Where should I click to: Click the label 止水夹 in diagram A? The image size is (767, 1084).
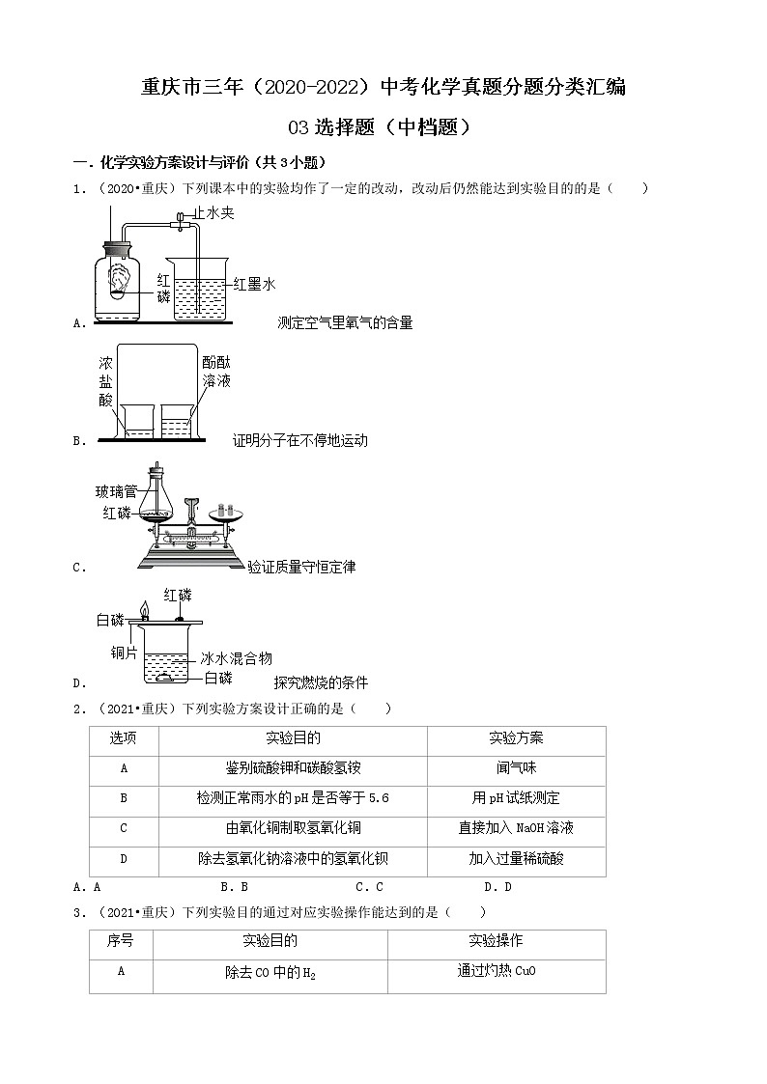(x=213, y=212)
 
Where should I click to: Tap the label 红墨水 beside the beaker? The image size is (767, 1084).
(x=255, y=284)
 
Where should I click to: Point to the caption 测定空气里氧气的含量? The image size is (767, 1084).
(x=345, y=323)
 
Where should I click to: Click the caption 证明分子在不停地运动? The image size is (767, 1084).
(x=300, y=441)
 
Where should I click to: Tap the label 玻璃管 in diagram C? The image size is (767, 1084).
(x=116, y=491)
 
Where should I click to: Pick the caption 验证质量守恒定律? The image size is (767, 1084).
(x=301, y=568)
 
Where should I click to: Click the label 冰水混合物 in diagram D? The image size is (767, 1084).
(x=237, y=658)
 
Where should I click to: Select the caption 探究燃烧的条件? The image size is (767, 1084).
(x=321, y=682)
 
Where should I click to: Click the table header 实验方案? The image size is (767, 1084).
(x=516, y=738)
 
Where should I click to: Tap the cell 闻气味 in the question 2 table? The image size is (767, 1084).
(x=516, y=768)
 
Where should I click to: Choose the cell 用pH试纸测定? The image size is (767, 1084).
(x=516, y=798)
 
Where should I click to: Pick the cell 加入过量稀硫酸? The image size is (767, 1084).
(x=516, y=858)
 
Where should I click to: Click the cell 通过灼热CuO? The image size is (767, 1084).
(x=497, y=972)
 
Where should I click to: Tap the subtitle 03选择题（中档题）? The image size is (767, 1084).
(x=383, y=126)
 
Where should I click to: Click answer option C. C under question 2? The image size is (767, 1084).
(x=370, y=887)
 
